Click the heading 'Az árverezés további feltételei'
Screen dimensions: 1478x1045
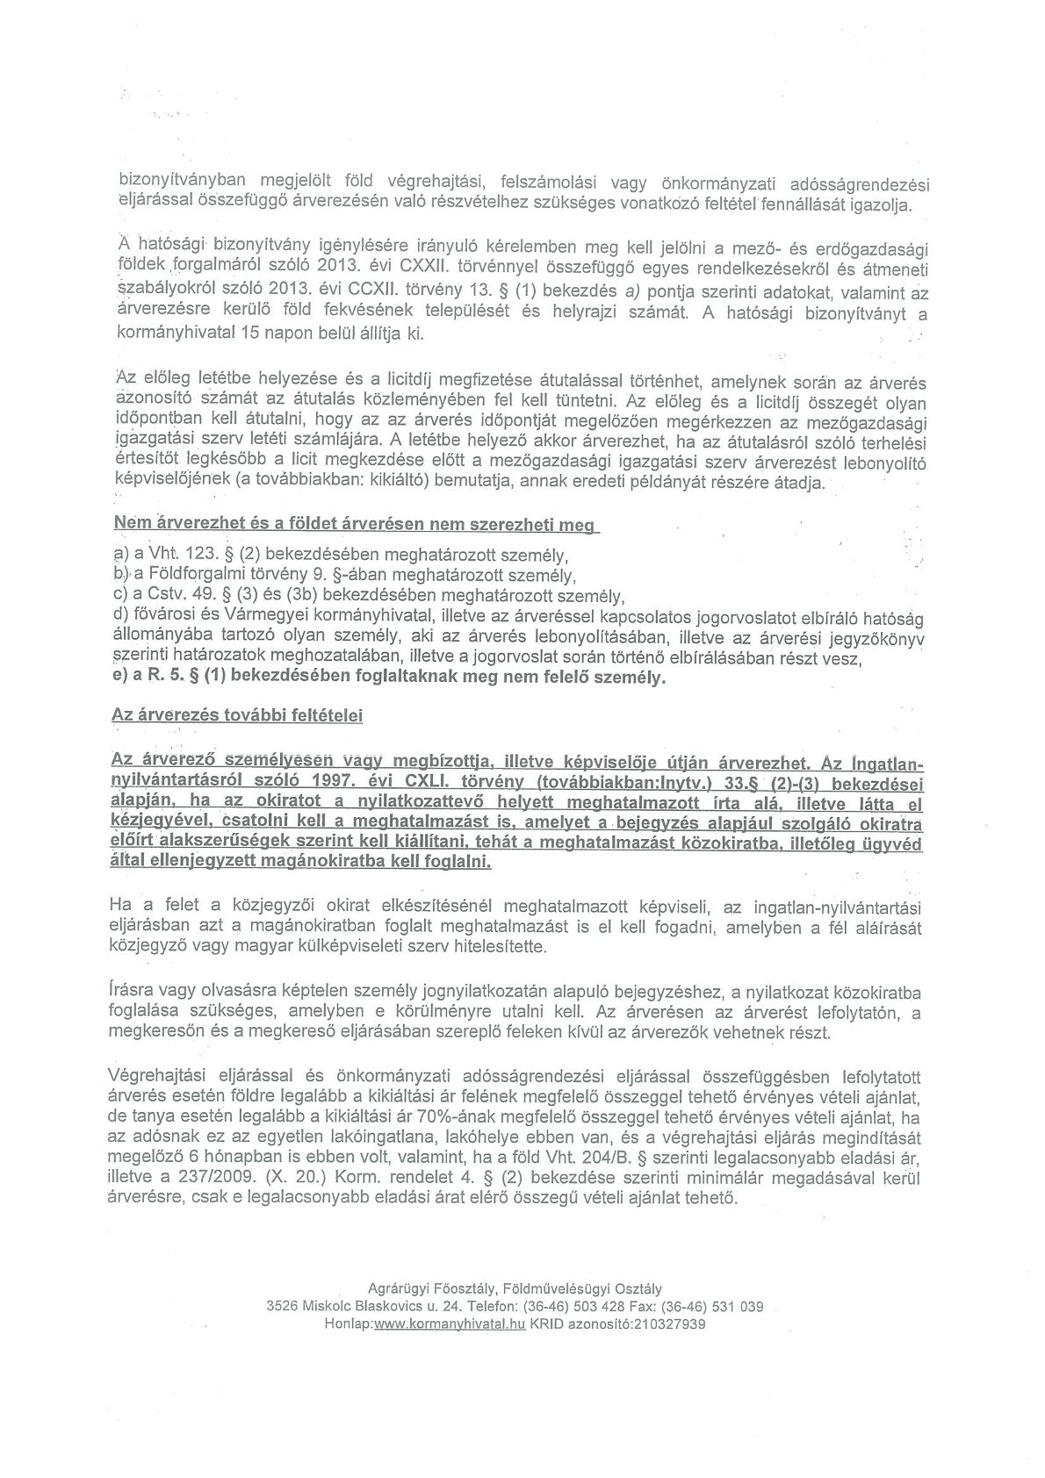coord(237,715)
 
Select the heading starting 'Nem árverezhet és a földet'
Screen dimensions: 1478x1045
coord(354,525)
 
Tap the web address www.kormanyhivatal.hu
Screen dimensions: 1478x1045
coord(449,1324)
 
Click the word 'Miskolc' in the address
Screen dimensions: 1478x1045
coord(325,1306)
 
